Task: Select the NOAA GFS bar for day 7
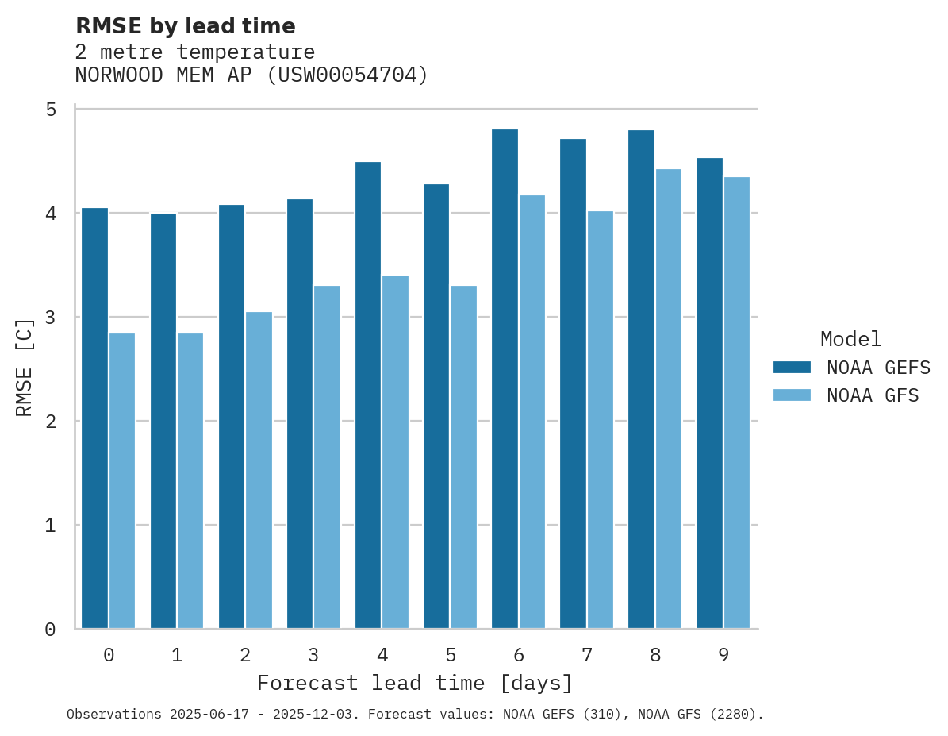(x=600, y=420)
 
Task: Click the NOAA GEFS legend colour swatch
(x=792, y=367)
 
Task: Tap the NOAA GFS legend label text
(x=873, y=395)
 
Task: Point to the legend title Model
(x=850, y=340)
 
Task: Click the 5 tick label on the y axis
(x=51, y=109)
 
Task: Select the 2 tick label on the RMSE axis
(x=51, y=421)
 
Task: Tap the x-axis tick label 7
(x=587, y=655)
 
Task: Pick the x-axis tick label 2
(x=245, y=655)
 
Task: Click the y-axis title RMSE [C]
(x=25, y=367)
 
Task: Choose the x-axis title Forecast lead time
(x=414, y=684)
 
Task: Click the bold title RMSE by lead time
(x=185, y=26)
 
